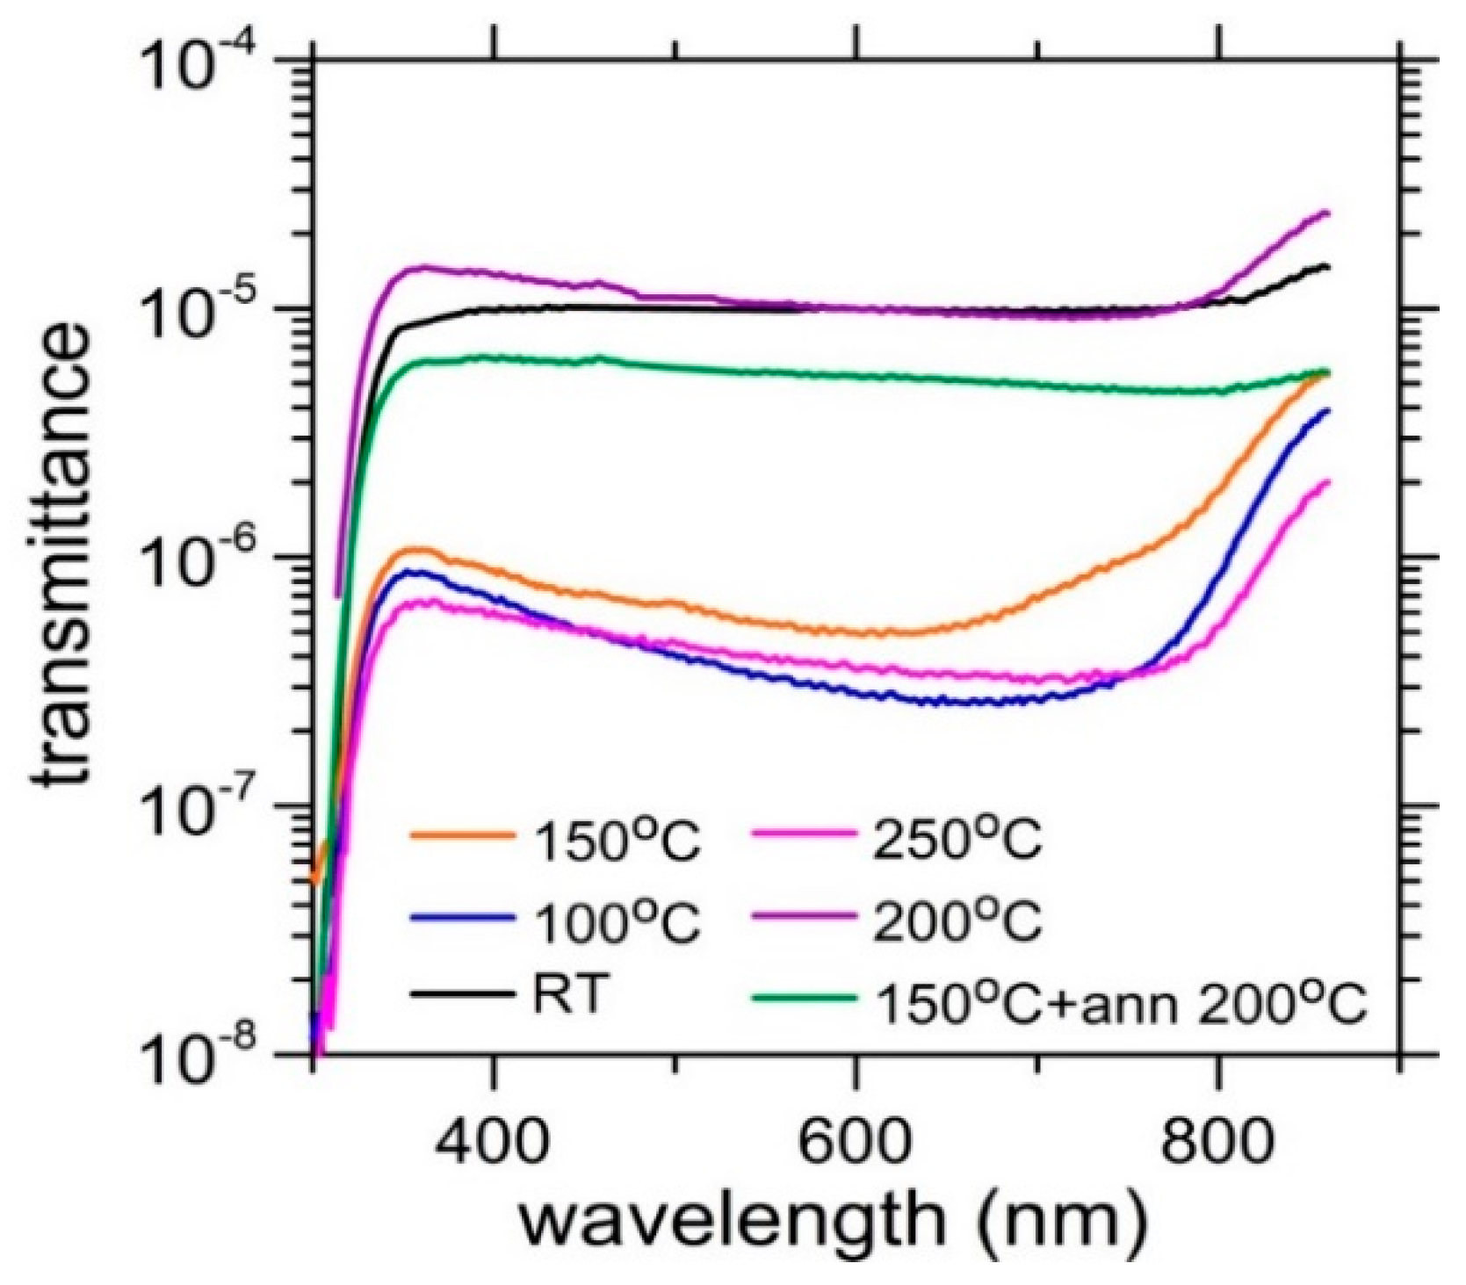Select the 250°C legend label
click(958, 842)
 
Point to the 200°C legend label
click(958, 923)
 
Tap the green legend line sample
click(805, 997)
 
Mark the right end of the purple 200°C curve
click(1327, 213)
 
